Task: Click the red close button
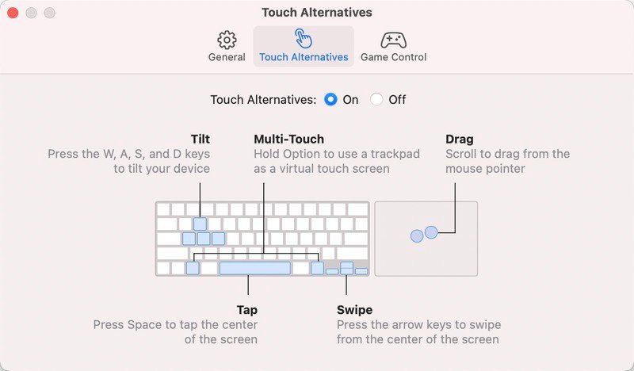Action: tap(13, 13)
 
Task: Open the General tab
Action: tap(227, 46)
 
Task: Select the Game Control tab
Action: tap(393, 46)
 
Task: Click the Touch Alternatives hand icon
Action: tap(304, 38)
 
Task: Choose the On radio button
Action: tap(330, 100)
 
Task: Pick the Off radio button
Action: tap(376, 100)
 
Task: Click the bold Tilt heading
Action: tap(201, 140)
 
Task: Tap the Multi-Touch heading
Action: tap(288, 140)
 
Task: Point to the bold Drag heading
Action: tap(460, 140)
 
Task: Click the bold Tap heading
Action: tap(247, 310)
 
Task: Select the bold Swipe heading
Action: tap(354, 310)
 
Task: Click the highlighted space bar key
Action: tap(254, 268)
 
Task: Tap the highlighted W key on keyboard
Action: tap(200, 224)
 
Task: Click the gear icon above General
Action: tap(227, 40)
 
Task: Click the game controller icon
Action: tap(393, 40)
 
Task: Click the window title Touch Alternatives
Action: tap(316, 13)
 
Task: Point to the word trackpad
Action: tap(395, 154)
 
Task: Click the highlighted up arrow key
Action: tap(346, 265)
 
